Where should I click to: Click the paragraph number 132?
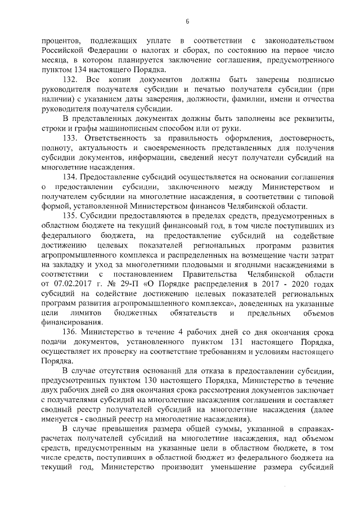point(70,80)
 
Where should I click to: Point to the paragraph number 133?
point(70,138)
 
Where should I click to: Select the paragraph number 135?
point(70,215)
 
